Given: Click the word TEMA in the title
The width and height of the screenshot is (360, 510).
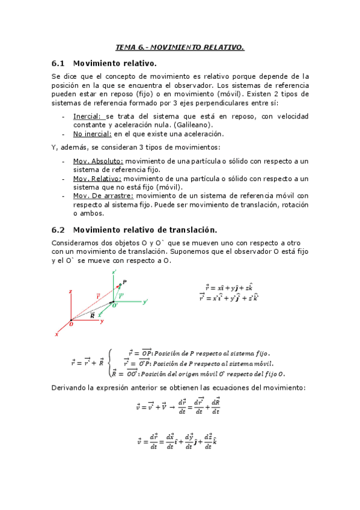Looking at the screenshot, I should (125, 47).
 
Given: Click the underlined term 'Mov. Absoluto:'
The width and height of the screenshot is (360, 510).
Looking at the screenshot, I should (98, 161).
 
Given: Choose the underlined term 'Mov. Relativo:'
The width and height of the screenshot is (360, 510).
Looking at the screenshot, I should (97, 179).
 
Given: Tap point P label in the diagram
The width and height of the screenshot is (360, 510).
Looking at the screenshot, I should (124, 282).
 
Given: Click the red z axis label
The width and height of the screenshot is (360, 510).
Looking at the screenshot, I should (71, 292).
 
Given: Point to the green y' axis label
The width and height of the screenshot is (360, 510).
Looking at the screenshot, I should (145, 302).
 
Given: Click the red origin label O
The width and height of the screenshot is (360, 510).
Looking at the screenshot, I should (71, 324).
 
